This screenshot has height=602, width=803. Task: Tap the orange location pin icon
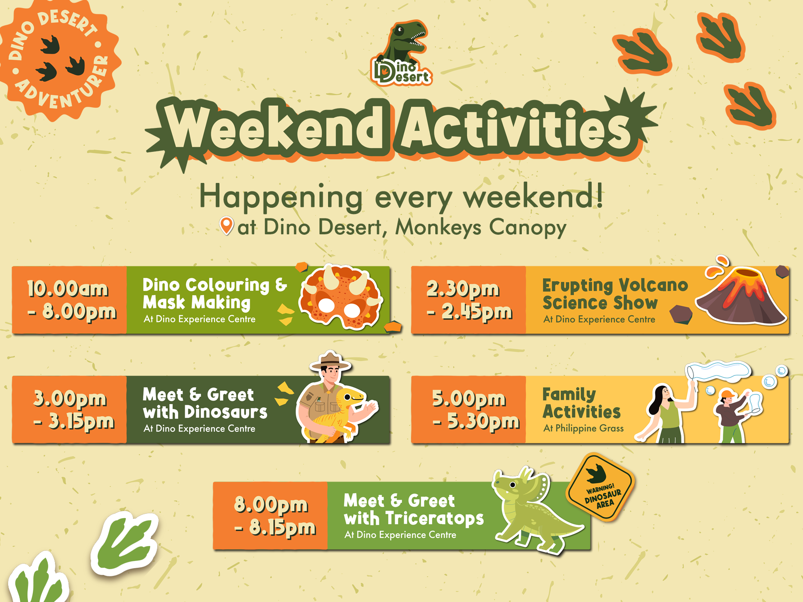[227, 226]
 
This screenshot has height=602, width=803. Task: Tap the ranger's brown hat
[330, 361]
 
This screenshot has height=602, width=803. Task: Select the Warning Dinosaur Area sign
[601, 487]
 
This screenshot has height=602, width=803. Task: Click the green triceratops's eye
[513, 485]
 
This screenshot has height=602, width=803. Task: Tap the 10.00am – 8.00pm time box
[69, 300]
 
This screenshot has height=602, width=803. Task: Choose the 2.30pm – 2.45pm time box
[469, 300]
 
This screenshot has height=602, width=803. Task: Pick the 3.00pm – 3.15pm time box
[69, 410]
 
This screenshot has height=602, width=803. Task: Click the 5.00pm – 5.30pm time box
[469, 410]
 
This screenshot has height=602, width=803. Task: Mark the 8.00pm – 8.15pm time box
[270, 516]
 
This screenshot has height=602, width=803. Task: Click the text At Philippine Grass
[584, 428]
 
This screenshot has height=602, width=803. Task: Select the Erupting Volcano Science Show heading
[615, 294]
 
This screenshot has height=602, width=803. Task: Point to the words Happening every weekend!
[401, 197]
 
